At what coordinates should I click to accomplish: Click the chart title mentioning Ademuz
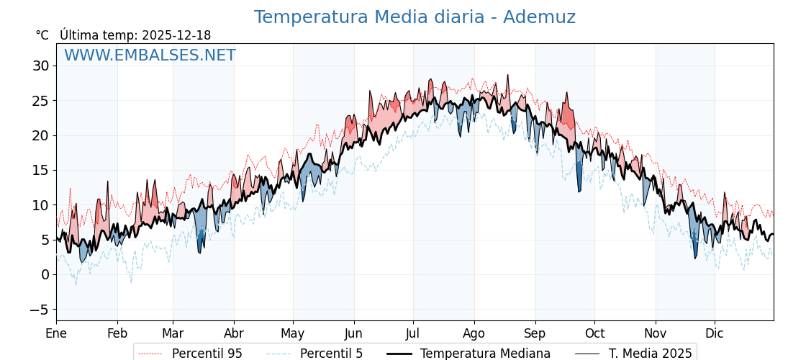(415, 17)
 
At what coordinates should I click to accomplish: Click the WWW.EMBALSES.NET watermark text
(150, 55)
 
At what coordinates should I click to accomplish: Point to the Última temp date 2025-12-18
(176, 35)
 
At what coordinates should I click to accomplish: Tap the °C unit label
(42, 35)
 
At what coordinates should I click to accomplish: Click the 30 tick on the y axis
(40, 66)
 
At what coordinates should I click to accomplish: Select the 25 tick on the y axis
(40, 101)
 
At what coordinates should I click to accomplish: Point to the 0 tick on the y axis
(45, 275)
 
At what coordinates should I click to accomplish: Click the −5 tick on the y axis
(40, 310)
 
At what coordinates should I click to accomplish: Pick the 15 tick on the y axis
(40, 171)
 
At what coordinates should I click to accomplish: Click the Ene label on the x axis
(56, 333)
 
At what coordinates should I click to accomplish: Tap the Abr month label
(234, 333)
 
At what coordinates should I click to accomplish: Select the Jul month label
(413, 333)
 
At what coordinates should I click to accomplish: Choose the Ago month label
(474, 333)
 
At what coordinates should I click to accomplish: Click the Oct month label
(594, 333)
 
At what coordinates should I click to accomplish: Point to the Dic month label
(715, 333)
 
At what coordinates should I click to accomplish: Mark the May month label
(293, 333)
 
